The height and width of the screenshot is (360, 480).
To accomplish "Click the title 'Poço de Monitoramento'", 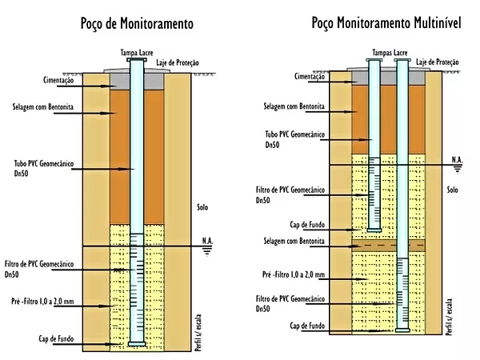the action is click(x=137, y=24).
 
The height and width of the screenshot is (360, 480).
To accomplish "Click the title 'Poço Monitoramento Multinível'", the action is click(x=386, y=23).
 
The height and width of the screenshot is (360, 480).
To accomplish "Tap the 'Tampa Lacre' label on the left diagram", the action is click(x=137, y=53).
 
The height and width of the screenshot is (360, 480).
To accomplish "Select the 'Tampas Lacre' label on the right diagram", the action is click(x=390, y=53).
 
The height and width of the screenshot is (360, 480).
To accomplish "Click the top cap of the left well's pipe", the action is click(x=137, y=60).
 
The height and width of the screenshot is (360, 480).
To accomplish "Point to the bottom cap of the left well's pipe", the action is click(x=137, y=344).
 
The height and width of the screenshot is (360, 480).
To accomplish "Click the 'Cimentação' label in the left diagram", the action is click(x=58, y=80).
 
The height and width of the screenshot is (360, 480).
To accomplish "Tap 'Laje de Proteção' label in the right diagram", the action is click(x=437, y=62).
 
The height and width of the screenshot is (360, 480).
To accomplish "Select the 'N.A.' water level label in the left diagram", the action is click(x=207, y=241).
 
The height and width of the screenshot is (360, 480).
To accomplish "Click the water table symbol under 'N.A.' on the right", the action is click(x=458, y=169).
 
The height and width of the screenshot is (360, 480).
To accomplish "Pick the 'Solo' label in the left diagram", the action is click(x=202, y=207).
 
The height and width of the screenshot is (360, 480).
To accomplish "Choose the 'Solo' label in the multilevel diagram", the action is click(x=452, y=190).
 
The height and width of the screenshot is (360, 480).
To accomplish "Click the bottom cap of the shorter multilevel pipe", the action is click(x=374, y=230).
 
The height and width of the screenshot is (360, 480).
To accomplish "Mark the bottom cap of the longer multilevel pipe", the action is click(x=402, y=330).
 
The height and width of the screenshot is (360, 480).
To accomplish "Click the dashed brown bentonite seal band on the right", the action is click(x=389, y=246).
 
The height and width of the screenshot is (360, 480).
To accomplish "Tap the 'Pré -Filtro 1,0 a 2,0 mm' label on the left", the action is click(x=42, y=302).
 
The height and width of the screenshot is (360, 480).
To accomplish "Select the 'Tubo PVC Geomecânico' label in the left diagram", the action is click(x=44, y=163).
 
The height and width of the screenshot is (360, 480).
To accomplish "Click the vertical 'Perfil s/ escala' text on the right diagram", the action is click(x=449, y=317).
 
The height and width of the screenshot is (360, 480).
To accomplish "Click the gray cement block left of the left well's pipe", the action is click(x=120, y=82).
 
